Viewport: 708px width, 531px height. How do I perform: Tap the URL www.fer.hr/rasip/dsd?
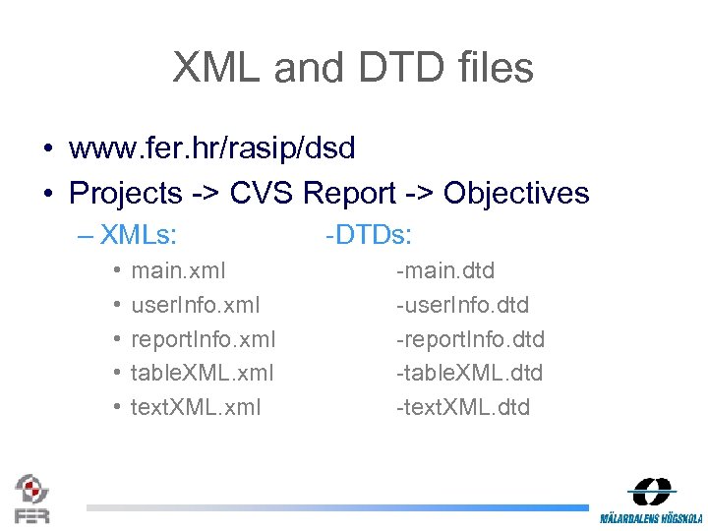pyautogui.click(x=211, y=148)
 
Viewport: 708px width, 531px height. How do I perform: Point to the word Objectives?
pyautogui.click(x=516, y=193)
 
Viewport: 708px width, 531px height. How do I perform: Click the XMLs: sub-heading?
pyautogui.click(x=139, y=235)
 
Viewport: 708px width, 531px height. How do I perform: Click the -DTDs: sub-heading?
pyautogui.click(x=368, y=235)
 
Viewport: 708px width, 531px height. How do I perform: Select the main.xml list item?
pyautogui.click(x=178, y=270)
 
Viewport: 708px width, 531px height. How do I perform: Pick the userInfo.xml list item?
pyautogui.click(x=196, y=305)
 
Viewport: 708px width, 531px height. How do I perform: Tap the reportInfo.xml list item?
pyautogui.click(x=204, y=339)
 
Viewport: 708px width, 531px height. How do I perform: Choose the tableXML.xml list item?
pyautogui.click(x=202, y=373)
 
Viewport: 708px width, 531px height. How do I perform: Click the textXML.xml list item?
pyautogui.click(x=196, y=407)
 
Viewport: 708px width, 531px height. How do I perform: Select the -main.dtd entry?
pyautogui.click(x=445, y=270)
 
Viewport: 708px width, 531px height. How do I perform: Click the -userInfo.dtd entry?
pyautogui.click(x=462, y=305)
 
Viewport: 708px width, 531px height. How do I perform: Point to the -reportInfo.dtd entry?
pyautogui.click(x=470, y=339)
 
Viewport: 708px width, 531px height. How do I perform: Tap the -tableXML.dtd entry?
pyautogui.click(x=469, y=373)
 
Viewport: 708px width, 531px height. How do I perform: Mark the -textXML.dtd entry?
pyautogui.click(x=462, y=407)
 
